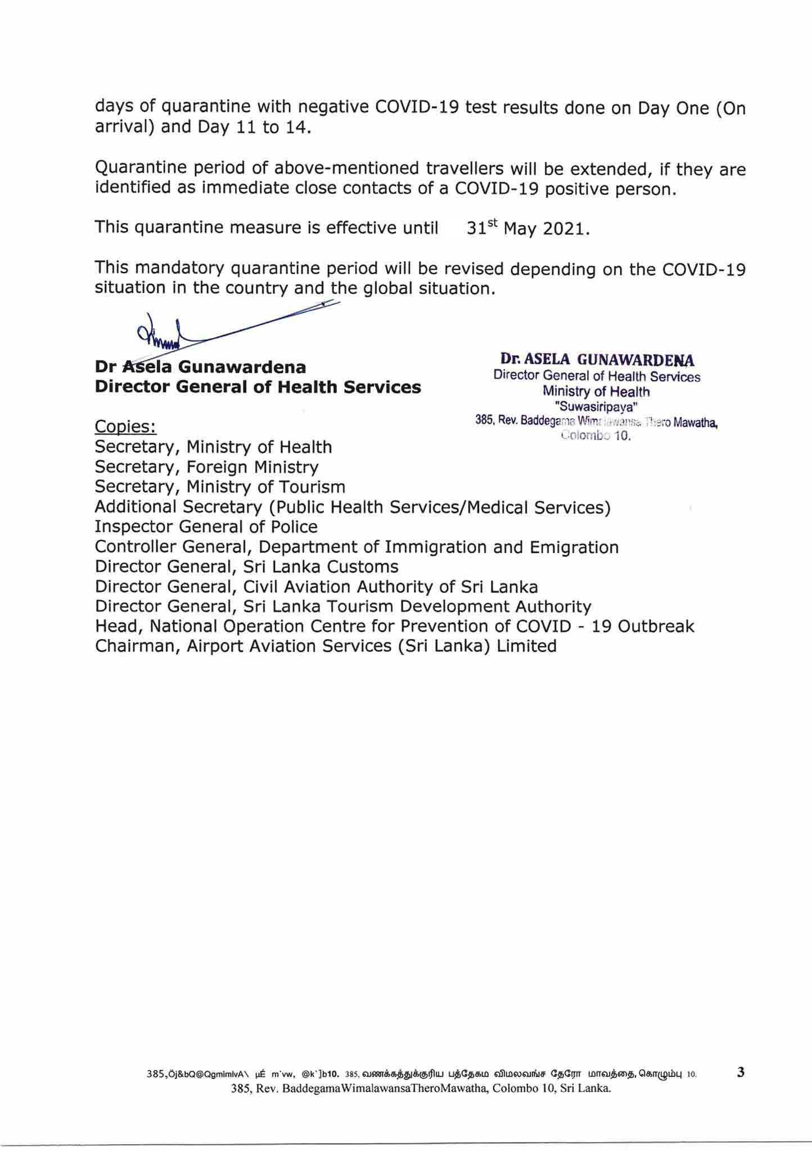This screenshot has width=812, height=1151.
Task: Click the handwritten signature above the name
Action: (169, 334)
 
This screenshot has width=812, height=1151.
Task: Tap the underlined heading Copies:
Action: (125, 427)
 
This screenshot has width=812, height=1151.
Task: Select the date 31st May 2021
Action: (528, 228)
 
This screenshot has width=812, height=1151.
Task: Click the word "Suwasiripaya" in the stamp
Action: (597, 406)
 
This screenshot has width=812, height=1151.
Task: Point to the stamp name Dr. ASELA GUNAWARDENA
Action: (597, 360)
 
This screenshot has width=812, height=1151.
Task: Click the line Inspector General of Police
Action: (206, 527)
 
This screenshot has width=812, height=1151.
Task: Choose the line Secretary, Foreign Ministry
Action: (206, 467)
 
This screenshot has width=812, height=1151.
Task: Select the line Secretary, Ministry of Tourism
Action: (220, 487)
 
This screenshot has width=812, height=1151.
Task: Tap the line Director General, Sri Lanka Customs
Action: (246, 567)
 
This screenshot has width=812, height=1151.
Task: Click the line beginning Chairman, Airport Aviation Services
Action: (326, 646)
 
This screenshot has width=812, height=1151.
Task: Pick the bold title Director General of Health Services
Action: (258, 387)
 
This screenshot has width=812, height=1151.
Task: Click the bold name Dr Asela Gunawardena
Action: (200, 368)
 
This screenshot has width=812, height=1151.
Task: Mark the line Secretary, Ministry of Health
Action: (213, 447)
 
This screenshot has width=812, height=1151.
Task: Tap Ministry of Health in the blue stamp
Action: (596, 392)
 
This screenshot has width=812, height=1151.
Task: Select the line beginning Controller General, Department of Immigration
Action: (357, 547)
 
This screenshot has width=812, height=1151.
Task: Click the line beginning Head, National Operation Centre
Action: (394, 626)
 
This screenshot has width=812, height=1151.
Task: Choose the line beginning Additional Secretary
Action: (353, 507)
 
